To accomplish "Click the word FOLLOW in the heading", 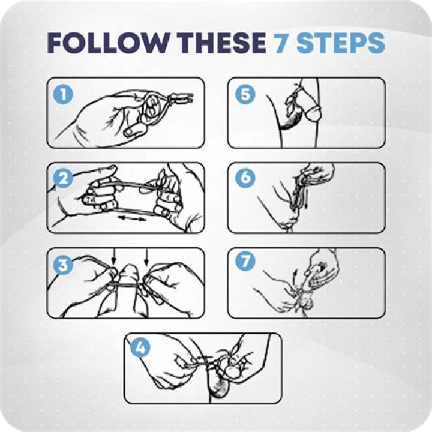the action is coord(107,43).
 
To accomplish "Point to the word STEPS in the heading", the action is coord(340,43).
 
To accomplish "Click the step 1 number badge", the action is coord(63,95).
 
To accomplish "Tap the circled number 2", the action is coord(63,178).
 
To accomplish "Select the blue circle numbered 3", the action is coord(63,265).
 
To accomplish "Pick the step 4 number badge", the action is coord(140,347).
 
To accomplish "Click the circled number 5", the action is coord(245,94).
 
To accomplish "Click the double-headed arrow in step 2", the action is coord(131,219).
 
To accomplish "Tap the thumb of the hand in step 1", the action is coord(135,130).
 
